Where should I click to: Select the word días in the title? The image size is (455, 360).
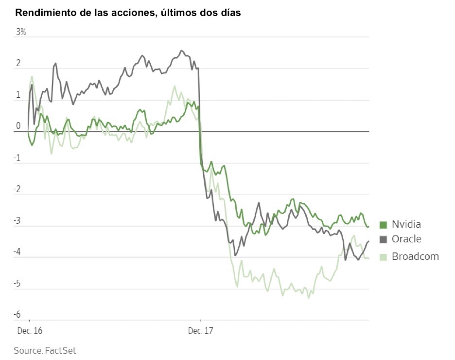click(229, 13)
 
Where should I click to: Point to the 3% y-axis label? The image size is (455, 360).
click(21, 33)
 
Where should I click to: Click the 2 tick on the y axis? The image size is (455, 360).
click(18, 64)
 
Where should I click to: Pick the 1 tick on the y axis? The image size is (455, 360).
click(18, 95)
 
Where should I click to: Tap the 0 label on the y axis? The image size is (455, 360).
click(18, 126)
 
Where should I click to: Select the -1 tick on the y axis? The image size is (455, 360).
click(17, 158)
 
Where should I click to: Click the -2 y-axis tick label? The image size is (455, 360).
click(17, 189)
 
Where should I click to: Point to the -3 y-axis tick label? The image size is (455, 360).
click(17, 221)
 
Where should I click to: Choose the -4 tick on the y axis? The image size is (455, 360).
click(17, 252)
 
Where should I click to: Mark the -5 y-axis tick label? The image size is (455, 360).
click(17, 284)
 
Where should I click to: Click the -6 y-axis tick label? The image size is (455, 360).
click(17, 315)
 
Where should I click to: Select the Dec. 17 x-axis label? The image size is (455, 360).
click(200, 331)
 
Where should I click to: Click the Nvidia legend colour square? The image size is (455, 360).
click(383, 225)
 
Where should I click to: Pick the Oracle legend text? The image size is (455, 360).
click(406, 239)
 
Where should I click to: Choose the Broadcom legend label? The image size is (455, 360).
click(415, 256)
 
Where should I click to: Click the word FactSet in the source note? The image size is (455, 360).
click(60, 350)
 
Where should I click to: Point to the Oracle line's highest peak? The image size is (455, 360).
click(182, 51)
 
